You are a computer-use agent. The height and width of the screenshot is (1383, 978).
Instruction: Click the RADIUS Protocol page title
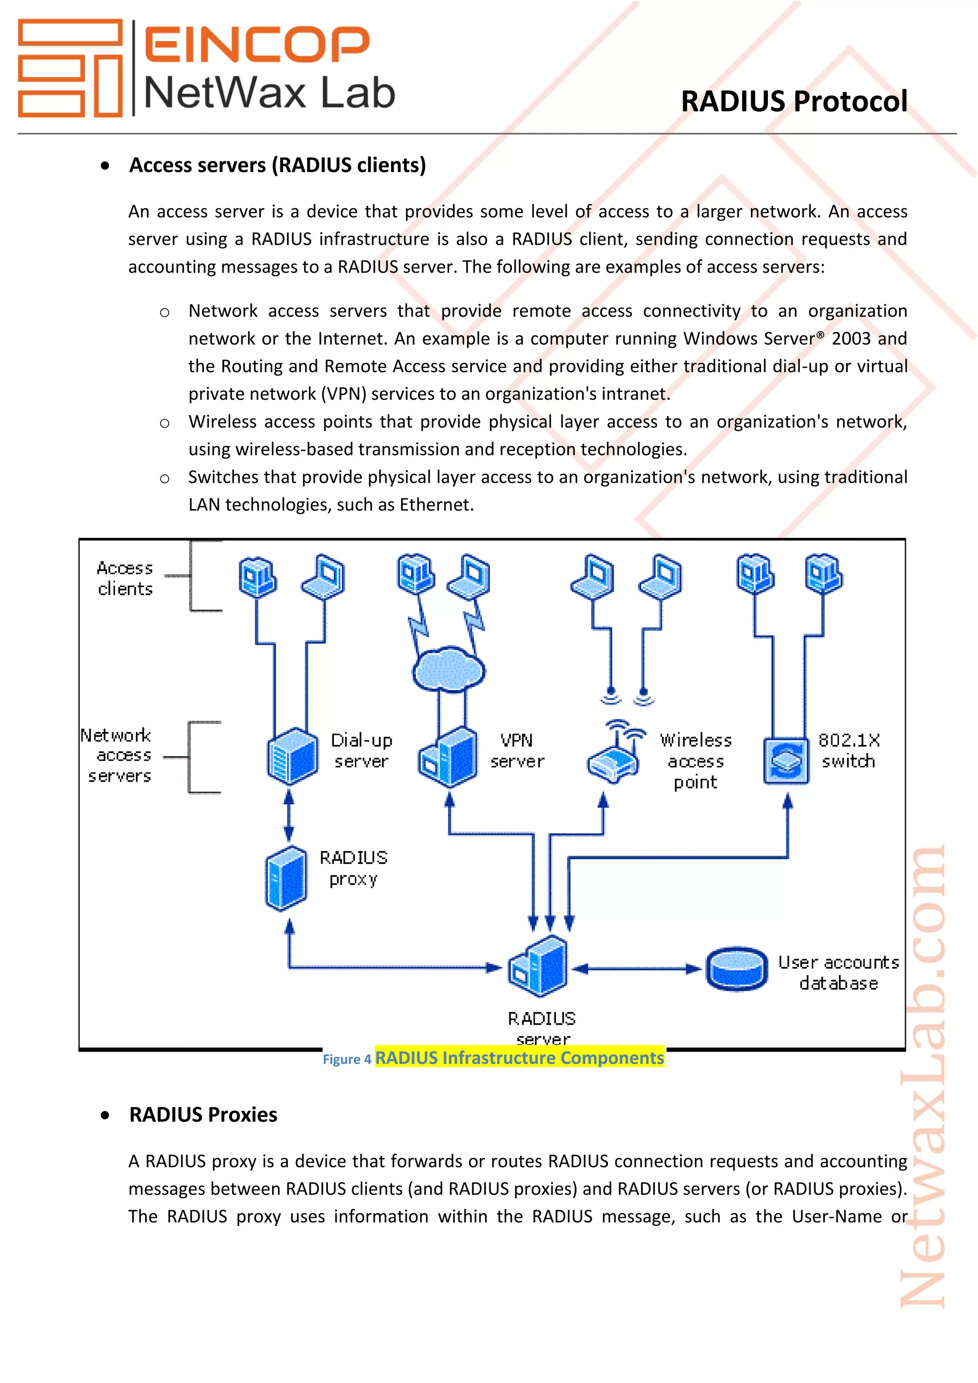[794, 101]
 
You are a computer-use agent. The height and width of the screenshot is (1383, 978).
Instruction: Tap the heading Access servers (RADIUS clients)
[277, 165]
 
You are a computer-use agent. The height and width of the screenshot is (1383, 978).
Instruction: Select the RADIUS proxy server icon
[286, 878]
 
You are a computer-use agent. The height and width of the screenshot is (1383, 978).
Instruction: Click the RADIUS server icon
[538, 967]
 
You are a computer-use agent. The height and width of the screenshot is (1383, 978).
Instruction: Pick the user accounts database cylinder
[736, 968]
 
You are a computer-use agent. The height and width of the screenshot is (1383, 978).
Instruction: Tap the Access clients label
[125, 578]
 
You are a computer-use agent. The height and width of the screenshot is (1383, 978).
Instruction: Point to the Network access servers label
[117, 755]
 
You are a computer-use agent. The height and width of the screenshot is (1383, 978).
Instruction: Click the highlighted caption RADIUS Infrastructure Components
[519, 1058]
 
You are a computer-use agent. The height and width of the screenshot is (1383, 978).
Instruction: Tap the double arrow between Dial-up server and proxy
[289, 815]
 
